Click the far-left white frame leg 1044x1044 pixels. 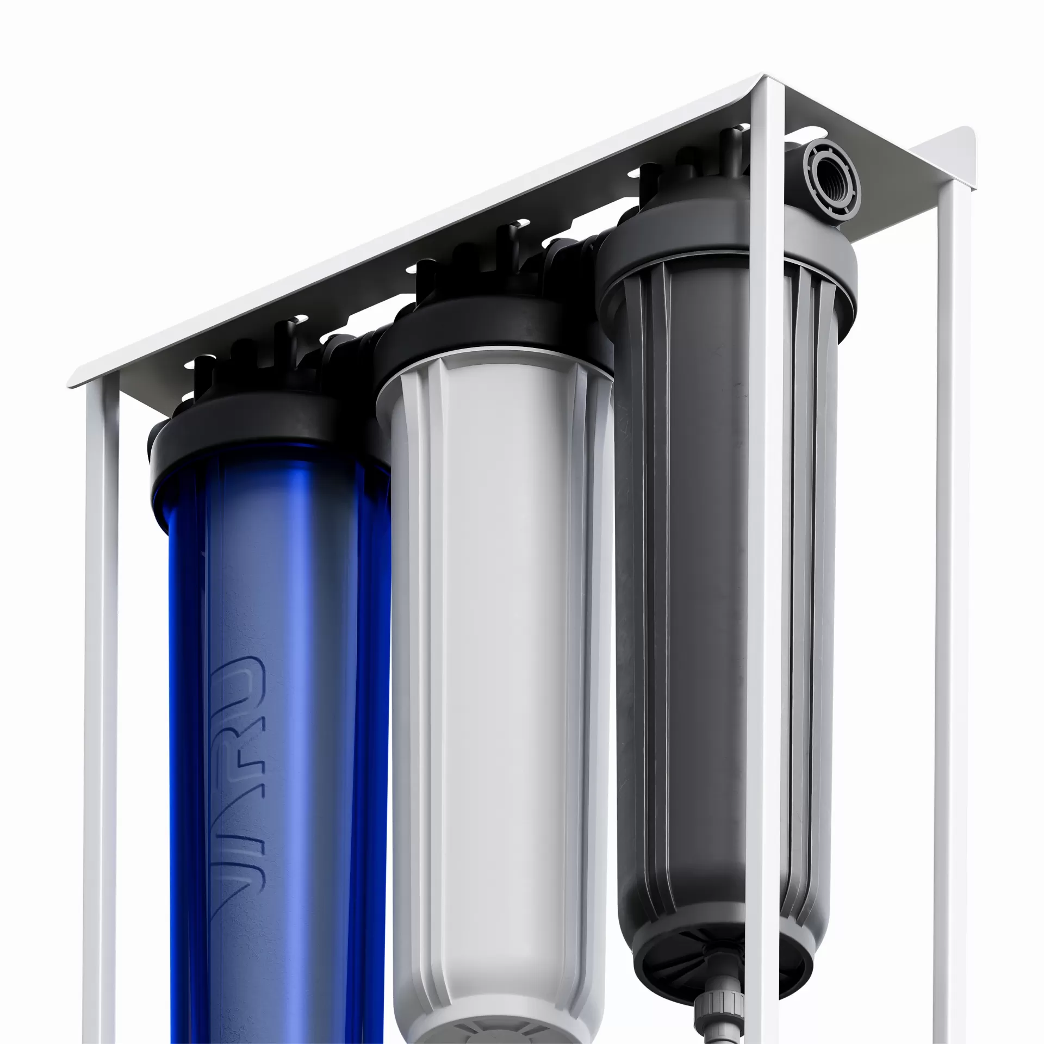coord(101,707)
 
